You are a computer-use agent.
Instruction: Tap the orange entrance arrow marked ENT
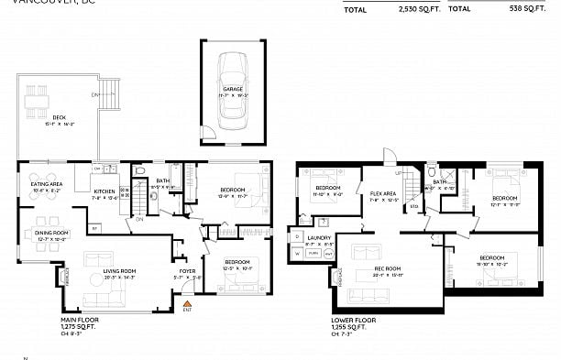coord(188,303)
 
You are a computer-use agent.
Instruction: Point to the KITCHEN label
coord(104,191)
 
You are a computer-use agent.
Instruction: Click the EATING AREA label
coord(48,184)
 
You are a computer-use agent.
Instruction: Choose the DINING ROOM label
coord(51,233)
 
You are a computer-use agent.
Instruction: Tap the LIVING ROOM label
coord(119,271)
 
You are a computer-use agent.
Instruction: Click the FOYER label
coord(188,272)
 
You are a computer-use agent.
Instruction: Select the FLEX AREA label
coord(382,194)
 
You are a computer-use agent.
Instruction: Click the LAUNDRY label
coord(319,238)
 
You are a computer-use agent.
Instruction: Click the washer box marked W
coord(297,252)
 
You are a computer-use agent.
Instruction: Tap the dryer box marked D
coord(297,236)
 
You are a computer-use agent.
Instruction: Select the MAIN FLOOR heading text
coord(80,320)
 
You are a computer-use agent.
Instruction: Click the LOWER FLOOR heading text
coord(354,320)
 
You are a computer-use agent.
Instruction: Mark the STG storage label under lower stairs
coord(413,207)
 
